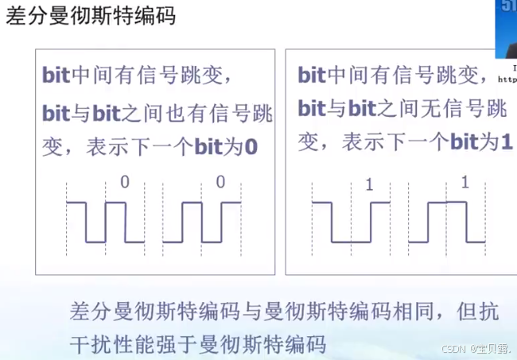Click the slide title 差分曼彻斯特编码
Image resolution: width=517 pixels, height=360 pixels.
[91, 17]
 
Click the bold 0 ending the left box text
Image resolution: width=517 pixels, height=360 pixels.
[252, 147]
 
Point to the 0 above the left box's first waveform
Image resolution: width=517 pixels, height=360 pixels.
[124, 183]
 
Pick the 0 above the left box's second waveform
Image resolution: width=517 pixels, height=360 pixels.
[220, 183]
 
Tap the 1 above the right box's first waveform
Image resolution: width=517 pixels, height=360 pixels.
[369, 186]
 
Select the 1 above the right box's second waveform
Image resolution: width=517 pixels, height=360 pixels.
[465, 183]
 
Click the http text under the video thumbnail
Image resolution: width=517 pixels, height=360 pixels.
[507, 79]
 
